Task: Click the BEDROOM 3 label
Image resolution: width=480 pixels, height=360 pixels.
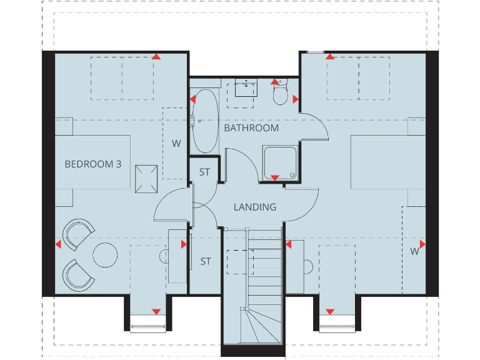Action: coord(93,164)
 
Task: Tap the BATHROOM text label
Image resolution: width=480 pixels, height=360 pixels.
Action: coord(251,127)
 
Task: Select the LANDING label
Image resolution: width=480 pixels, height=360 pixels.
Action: coord(255,207)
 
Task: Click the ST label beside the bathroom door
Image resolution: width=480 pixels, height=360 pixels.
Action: coord(204,172)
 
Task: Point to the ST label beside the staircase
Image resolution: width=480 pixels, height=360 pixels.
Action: coord(206,261)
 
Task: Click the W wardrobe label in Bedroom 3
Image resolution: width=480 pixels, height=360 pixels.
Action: coord(176,143)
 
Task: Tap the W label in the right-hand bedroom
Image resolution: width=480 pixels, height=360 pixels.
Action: coord(414,252)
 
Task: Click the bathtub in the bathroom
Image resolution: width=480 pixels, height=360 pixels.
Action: coord(203,121)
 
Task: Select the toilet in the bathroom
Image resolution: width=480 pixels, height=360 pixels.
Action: coord(281,93)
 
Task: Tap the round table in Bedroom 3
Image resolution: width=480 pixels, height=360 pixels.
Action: coord(105,254)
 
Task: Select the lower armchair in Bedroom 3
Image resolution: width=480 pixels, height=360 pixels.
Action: coord(78,274)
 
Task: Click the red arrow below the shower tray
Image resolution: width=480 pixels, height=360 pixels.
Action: coord(274,178)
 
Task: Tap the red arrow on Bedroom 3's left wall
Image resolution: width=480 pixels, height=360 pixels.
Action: coord(58,244)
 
